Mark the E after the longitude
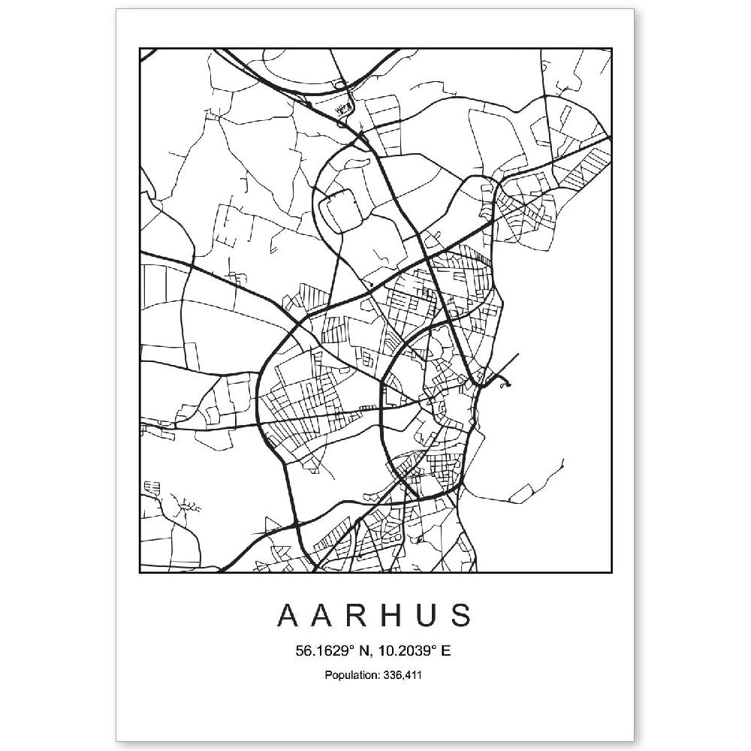[x=446, y=651]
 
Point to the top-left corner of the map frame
[x=140, y=49]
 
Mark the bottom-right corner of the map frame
[x=612, y=572]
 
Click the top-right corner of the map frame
[x=612, y=49]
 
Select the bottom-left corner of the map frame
[x=140, y=572]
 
